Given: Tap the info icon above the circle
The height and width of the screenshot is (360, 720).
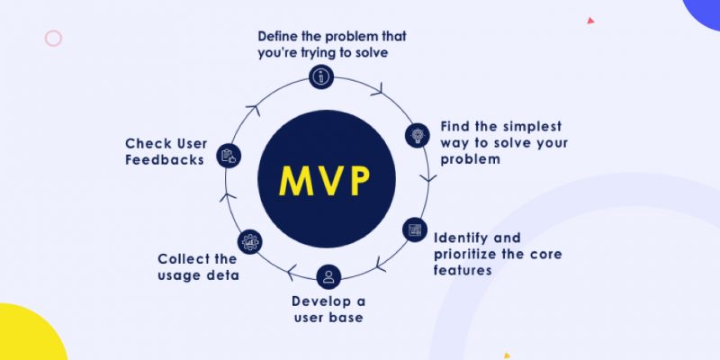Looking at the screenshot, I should (x=320, y=77).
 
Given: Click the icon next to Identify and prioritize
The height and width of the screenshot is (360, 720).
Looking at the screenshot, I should (x=414, y=229).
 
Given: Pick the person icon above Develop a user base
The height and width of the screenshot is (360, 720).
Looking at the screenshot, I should (x=328, y=276).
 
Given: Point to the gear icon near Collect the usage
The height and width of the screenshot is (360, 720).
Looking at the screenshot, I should (x=250, y=241).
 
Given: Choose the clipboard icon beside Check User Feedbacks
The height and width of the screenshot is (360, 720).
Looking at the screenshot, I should (x=228, y=155).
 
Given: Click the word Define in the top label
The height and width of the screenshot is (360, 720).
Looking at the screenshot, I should (x=279, y=37).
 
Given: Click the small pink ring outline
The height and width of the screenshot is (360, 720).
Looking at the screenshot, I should (x=53, y=38).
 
